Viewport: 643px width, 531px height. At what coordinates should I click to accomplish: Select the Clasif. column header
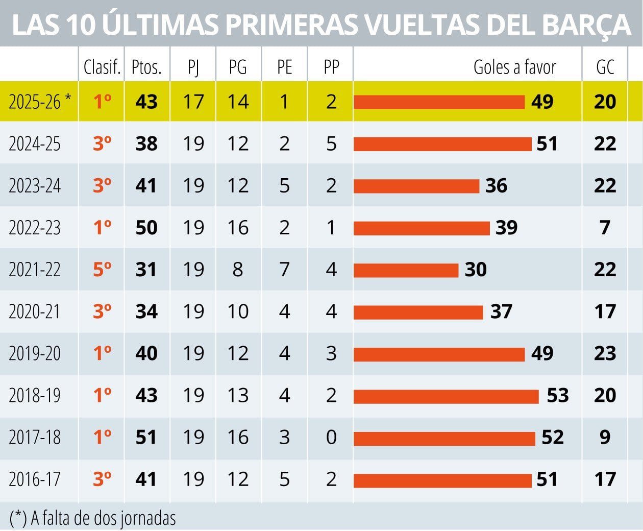coord(102,67)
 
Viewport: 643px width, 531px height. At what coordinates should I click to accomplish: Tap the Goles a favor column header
coord(514,67)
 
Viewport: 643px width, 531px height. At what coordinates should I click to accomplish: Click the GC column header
coord(605,67)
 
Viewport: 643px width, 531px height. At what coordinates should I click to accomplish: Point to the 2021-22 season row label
coord(35,270)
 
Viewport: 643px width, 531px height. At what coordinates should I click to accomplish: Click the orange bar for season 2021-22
coord(406,270)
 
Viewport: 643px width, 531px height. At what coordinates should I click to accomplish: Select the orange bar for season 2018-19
coord(446,396)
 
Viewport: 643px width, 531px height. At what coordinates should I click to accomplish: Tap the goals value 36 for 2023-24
coord(496,186)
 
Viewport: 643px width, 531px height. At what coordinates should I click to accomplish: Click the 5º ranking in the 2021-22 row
coord(102,269)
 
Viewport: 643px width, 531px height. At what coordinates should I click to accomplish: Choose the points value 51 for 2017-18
coord(146,438)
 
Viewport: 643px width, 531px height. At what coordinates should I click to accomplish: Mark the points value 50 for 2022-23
coord(146,228)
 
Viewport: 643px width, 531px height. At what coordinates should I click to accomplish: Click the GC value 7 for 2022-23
coord(605,228)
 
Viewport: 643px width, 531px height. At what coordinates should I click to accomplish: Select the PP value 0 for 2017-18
coord(331,438)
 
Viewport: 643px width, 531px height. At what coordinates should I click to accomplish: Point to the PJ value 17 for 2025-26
coord(193,102)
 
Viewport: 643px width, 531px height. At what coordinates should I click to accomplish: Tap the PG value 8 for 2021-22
coord(238,270)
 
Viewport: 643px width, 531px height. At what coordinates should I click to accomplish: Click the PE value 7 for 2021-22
coord(284,270)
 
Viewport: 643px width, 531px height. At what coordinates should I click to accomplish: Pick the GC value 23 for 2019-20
coord(605,353)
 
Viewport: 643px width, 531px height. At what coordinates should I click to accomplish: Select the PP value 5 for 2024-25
coord(331,144)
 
